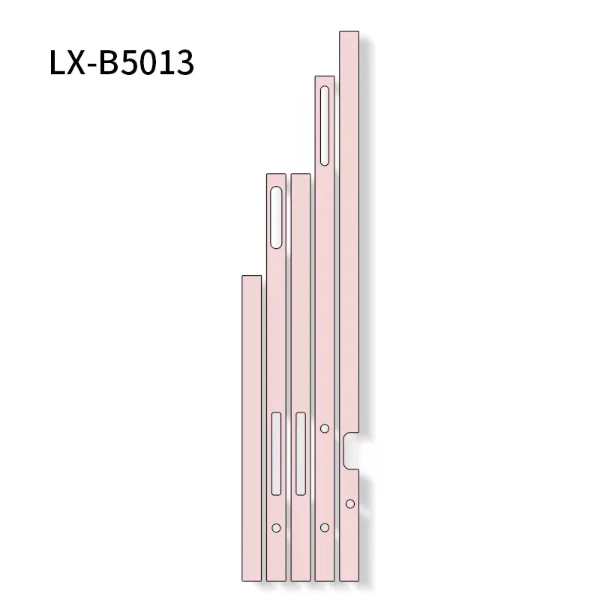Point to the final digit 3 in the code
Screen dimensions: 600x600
coord(183,64)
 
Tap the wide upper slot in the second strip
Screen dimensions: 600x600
coord(276,217)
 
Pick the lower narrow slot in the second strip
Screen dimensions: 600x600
coord(276,453)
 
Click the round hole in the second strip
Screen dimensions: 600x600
coord(276,528)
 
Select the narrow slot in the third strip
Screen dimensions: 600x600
coord(301,453)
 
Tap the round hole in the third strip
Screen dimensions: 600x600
coord(301,528)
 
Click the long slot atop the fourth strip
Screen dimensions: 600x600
coord(324,125)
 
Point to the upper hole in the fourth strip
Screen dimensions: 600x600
coord(324,428)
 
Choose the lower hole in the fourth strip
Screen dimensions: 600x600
coord(324,528)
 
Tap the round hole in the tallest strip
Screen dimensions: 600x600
coord(349,503)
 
